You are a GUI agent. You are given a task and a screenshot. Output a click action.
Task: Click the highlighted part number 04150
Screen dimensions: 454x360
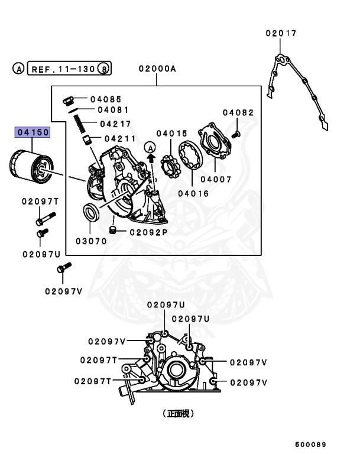pos(33,133)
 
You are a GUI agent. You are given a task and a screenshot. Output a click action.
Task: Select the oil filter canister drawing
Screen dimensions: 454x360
pos(29,166)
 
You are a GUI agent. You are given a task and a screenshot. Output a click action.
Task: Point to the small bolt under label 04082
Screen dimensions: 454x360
pos(236,134)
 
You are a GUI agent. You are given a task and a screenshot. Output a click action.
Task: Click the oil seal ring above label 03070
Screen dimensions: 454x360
pos(90,212)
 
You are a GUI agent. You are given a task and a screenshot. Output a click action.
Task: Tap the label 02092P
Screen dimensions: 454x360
pos(148,232)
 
